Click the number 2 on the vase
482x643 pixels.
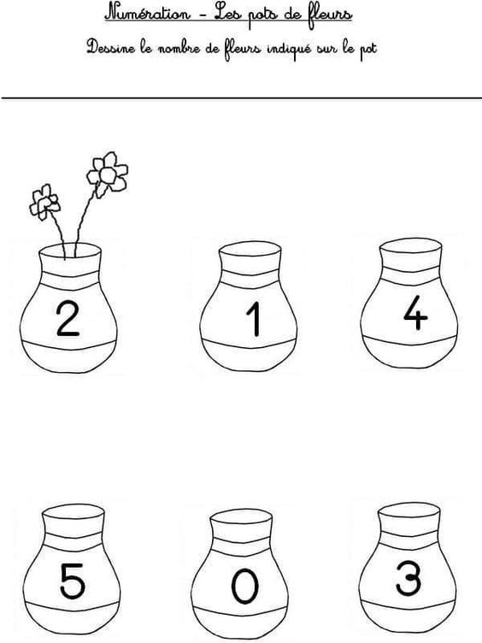(68, 319)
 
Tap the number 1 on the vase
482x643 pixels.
(254, 319)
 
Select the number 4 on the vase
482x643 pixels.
(415, 312)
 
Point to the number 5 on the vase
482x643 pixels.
(73, 581)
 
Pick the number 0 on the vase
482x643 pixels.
(245, 587)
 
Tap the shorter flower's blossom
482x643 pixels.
(44, 202)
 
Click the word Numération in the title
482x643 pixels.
(148, 13)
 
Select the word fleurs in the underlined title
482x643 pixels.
(330, 15)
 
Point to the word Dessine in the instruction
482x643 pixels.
(110, 48)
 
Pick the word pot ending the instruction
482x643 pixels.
(368, 50)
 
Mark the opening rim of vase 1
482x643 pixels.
(250, 250)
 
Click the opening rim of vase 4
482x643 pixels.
(411, 246)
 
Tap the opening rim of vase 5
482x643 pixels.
(73, 512)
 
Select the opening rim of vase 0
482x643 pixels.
(241, 517)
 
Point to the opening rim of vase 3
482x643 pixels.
(409, 510)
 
